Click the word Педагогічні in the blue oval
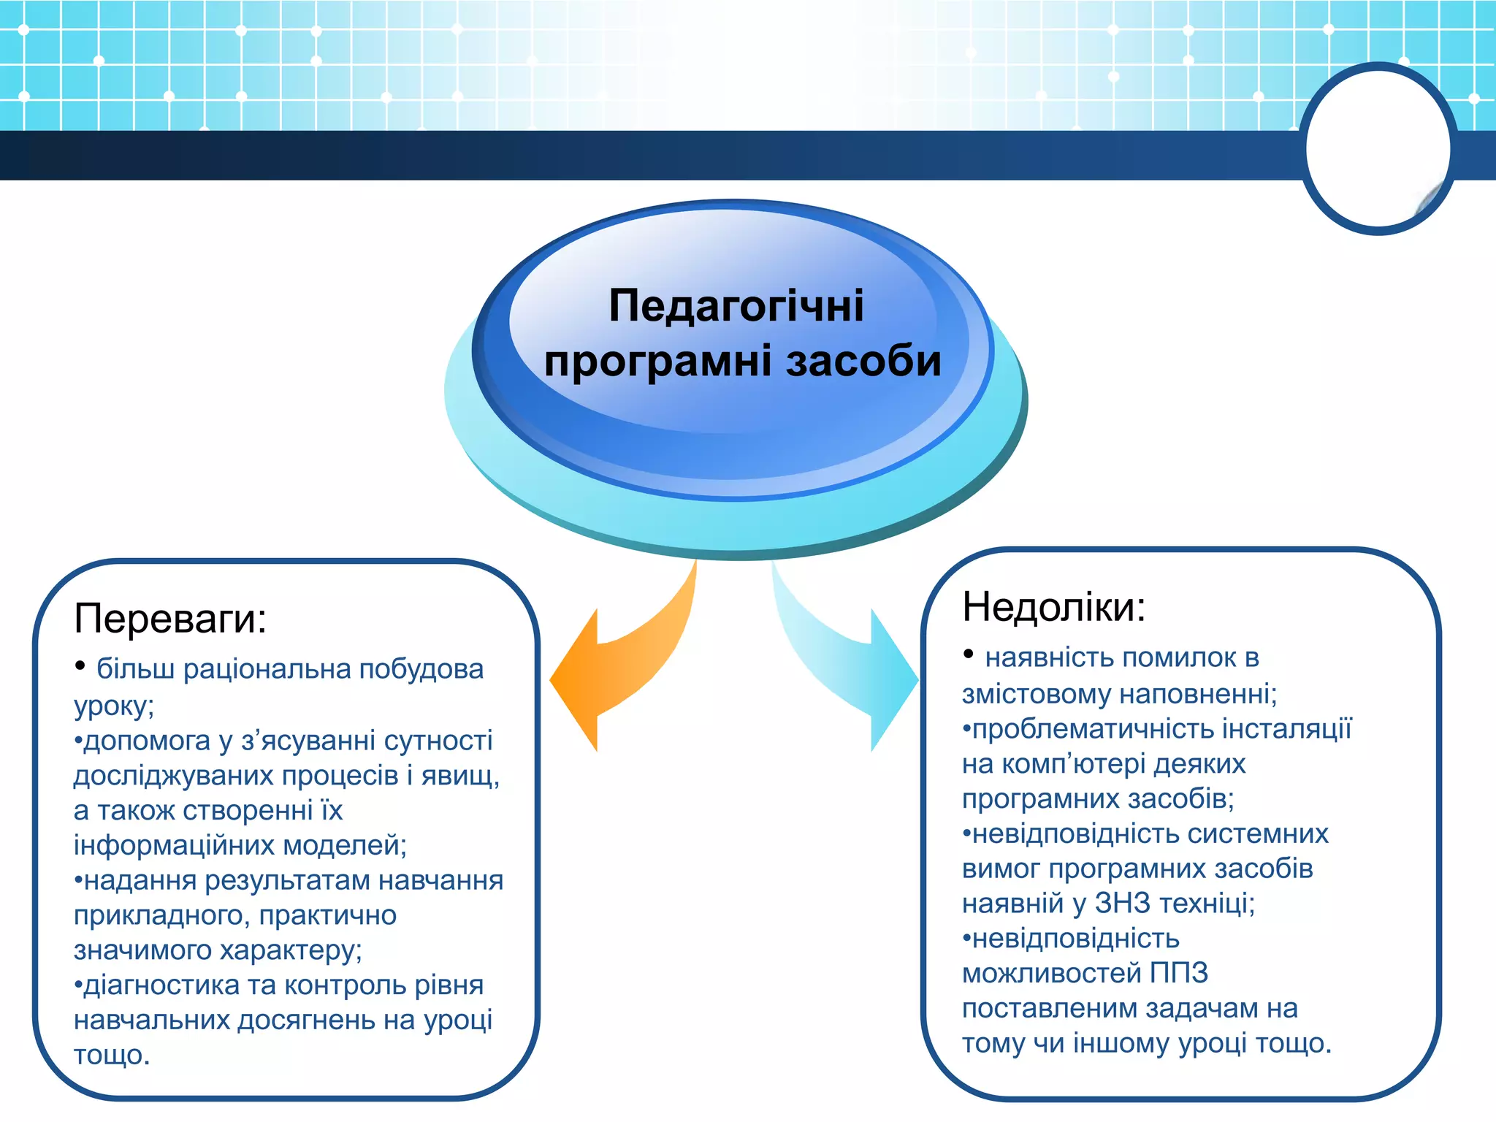(736, 305)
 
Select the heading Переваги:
(170, 619)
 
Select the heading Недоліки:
(1053, 607)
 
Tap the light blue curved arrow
(847, 665)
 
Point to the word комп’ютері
(1075, 764)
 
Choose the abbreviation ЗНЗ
(1122, 904)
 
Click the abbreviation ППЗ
(1178, 974)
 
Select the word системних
(1261, 834)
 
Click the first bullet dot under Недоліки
(969, 654)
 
